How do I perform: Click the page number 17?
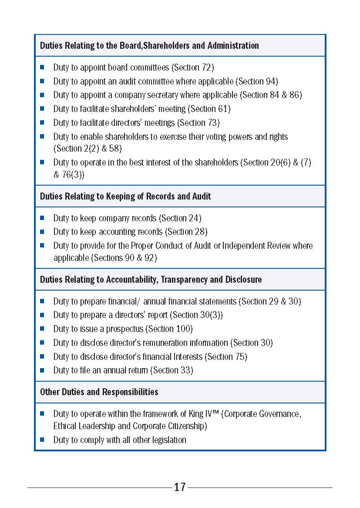pos(180,487)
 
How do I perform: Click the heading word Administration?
pos(233,45)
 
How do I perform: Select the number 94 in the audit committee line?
pos(271,81)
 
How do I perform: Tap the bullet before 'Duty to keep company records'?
pos(42,217)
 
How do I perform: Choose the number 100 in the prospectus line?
pos(182,329)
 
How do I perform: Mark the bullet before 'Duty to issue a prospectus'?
pos(42,329)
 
